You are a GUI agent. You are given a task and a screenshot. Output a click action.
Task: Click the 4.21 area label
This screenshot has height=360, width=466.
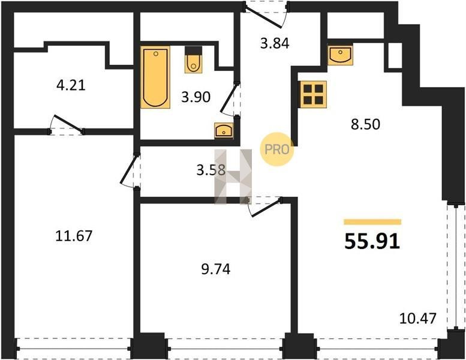point(71,86)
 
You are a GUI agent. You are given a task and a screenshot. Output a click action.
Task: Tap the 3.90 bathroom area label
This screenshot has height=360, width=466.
point(196,97)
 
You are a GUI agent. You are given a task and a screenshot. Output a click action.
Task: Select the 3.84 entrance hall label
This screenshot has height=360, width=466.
point(275,44)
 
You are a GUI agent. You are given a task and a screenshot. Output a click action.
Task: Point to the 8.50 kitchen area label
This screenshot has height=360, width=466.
point(365,124)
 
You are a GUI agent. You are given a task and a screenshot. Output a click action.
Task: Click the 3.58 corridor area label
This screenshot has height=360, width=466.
point(211,170)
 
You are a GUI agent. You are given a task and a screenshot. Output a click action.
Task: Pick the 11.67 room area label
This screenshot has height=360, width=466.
point(74,236)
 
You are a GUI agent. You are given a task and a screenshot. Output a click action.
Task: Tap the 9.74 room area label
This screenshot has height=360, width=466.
point(216,269)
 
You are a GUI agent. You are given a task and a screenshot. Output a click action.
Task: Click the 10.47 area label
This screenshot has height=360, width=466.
point(418,319)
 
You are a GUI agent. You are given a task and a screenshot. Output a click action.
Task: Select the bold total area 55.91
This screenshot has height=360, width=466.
point(372,241)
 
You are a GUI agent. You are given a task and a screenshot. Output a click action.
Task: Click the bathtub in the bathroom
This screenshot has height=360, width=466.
point(155,77)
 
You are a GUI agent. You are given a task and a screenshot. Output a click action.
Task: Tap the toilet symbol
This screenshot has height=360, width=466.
point(194,59)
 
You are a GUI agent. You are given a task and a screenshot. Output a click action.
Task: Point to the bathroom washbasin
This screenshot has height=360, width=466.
point(224,131)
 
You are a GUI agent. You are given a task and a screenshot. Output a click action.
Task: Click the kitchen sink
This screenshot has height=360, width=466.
point(340,55)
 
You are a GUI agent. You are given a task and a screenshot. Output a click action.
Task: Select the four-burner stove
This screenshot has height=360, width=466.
point(313,94)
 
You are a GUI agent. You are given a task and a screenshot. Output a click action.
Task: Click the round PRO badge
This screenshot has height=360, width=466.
point(277,149)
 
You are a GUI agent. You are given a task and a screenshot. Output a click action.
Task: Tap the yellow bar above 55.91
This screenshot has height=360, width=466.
point(372,222)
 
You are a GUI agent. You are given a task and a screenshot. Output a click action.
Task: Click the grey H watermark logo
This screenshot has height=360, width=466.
point(233,176)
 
